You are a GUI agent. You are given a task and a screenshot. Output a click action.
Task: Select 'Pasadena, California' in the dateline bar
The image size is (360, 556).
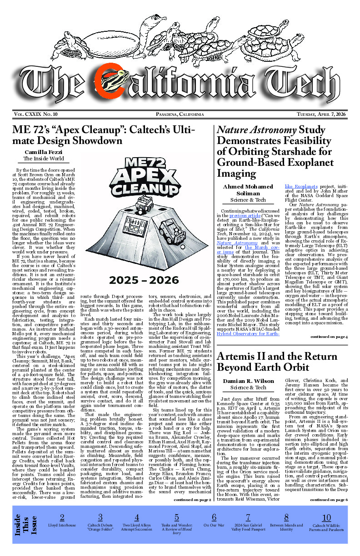point(180,114)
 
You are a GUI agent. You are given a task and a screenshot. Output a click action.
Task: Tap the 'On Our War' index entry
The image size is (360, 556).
point(214,525)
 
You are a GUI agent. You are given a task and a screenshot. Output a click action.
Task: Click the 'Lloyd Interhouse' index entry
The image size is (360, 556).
point(62,525)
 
